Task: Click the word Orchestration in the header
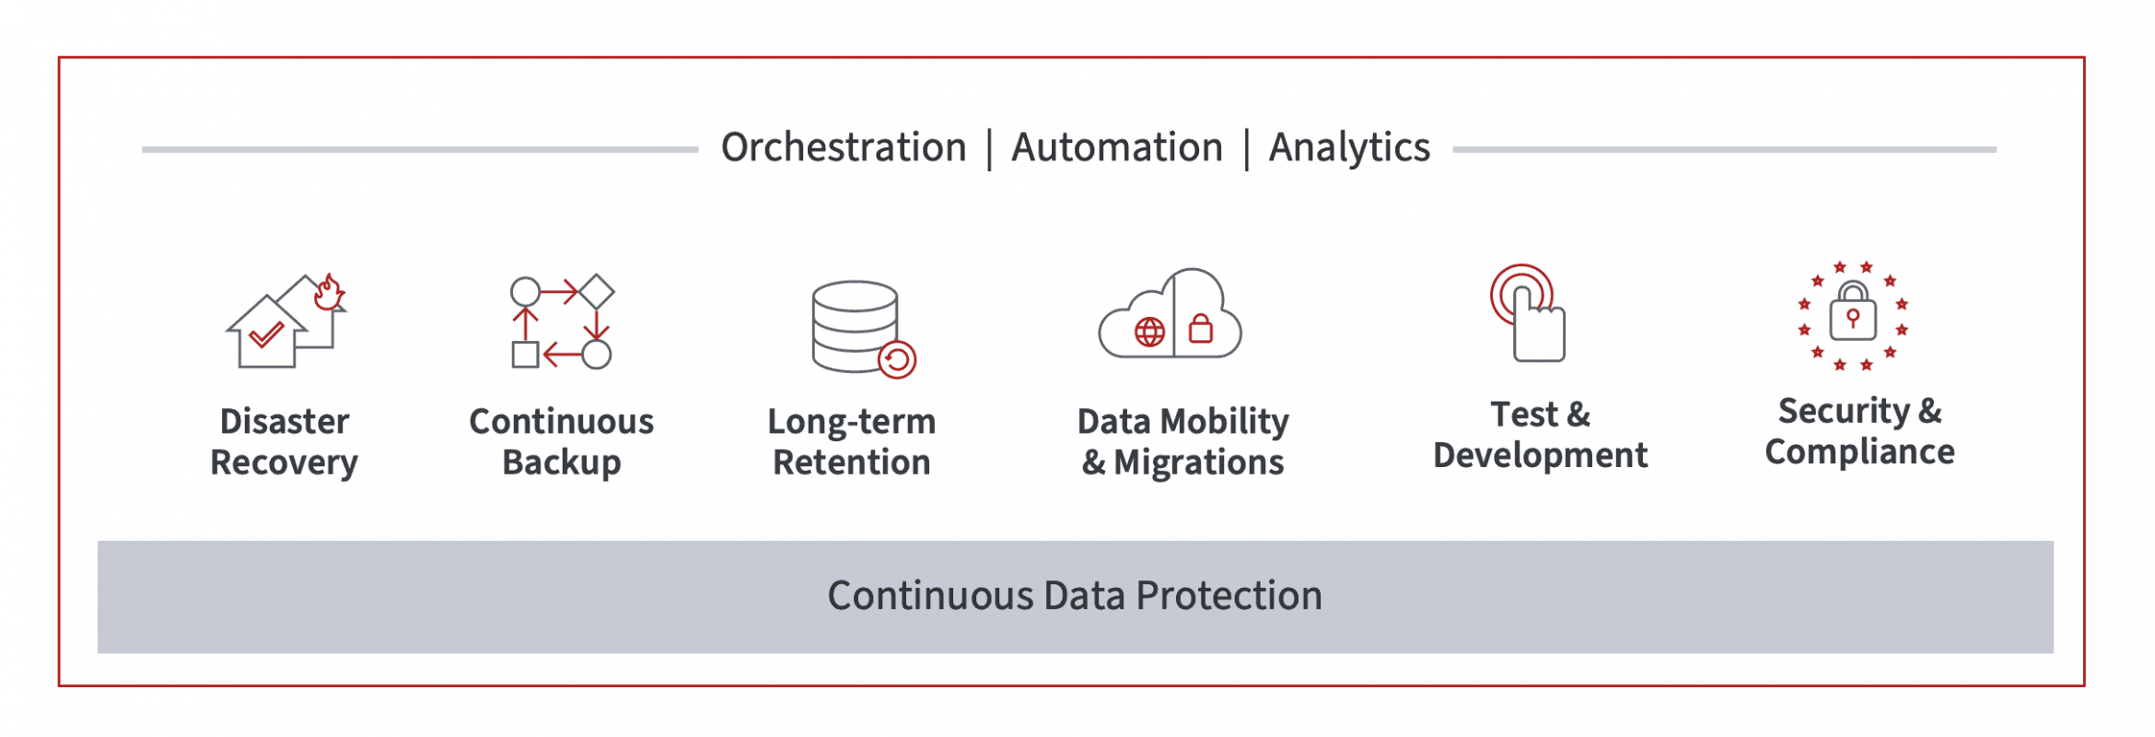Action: click(843, 147)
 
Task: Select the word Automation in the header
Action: click(1116, 147)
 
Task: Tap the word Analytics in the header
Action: click(1348, 147)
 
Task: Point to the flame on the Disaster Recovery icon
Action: click(329, 293)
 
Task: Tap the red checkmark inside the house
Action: click(266, 333)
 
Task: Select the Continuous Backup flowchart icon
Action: click(562, 322)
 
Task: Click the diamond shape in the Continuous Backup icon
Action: click(597, 292)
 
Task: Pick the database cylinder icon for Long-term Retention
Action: click(855, 324)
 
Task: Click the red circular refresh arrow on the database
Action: click(897, 359)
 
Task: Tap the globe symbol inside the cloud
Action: click(1149, 332)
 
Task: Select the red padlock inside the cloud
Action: click(1200, 328)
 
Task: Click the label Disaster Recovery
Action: click(284, 441)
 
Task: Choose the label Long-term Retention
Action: click(851, 441)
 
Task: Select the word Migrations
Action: click(1198, 462)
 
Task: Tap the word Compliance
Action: click(1859, 452)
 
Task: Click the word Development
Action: click(1540, 455)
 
